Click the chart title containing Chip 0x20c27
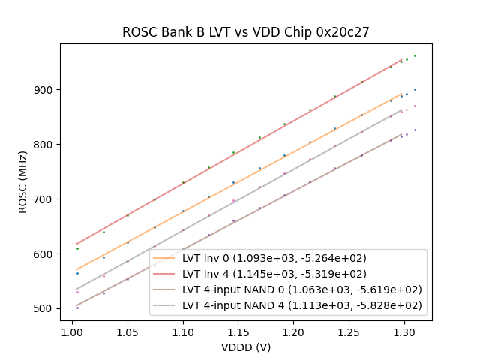246,33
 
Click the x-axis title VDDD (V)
246,347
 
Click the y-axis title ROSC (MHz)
23,182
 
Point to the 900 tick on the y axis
46,90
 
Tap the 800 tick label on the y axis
46,145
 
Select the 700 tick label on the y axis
46,199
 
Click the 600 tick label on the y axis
46,254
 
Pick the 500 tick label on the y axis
46,309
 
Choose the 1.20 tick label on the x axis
293,331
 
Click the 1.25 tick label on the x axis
349,331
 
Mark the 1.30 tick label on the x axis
404,331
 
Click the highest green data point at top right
415,55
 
